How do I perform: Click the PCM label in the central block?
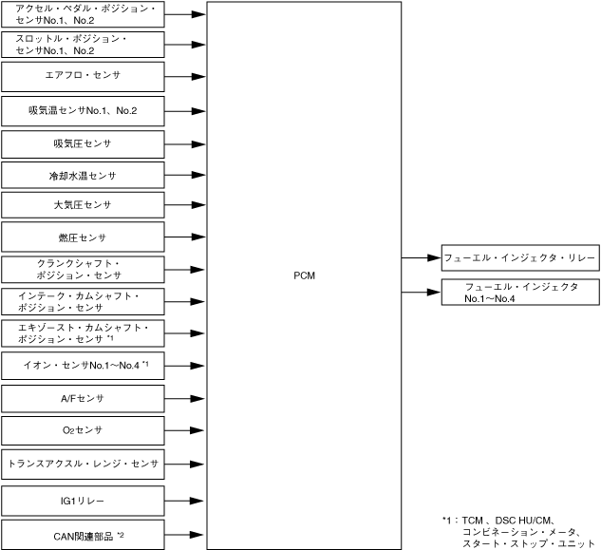pos(304,275)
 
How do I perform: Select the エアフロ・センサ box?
pos(83,74)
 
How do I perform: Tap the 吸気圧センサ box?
pos(83,143)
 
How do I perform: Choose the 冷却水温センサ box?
pos(83,176)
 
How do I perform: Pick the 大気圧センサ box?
pos(83,204)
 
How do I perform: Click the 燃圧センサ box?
pos(83,236)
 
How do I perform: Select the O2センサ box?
pos(83,430)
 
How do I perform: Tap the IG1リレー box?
pos(83,500)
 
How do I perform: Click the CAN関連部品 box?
pos(83,536)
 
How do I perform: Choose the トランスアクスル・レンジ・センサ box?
pos(83,465)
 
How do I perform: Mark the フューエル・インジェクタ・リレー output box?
pos(520,256)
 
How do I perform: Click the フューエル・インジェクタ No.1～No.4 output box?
pos(520,292)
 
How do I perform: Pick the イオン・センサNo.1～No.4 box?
pos(83,365)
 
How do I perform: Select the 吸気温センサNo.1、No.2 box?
pos(83,111)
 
